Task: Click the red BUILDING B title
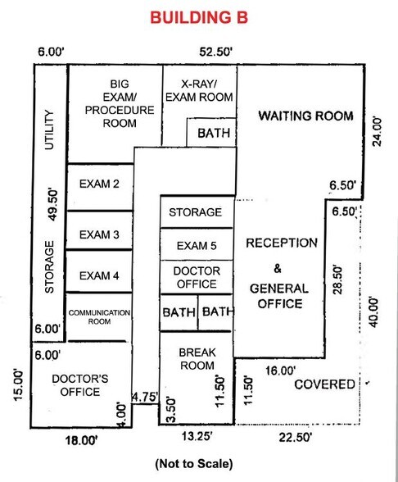pyautogui.click(x=199, y=17)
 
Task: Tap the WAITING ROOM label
pyautogui.click(x=306, y=116)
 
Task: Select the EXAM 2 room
pyautogui.click(x=100, y=187)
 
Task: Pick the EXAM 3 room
pyautogui.click(x=100, y=230)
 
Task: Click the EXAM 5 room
pyautogui.click(x=197, y=244)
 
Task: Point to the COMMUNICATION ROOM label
pyautogui.click(x=99, y=317)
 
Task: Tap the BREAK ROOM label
pyautogui.click(x=197, y=359)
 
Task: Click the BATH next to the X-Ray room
pyautogui.click(x=214, y=133)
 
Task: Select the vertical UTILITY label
pyautogui.click(x=49, y=130)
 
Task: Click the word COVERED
pyautogui.click(x=324, y=384)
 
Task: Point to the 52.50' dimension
pyautogui.click(x=215, y=52)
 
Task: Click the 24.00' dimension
pyautogui.click(x=377, y=131)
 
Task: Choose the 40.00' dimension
pyautogui.click(x=373, y=312)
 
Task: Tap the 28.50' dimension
pyautogui.click(x=337, y=280)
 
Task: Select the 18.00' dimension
pyautogui.click(x=81, y=440)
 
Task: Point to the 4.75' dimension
pyautogui.click(x=145, y=397)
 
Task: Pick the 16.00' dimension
pyautogui.click(x=281, y=371)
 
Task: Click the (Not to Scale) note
pyautogui.click(x=194, y=463)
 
